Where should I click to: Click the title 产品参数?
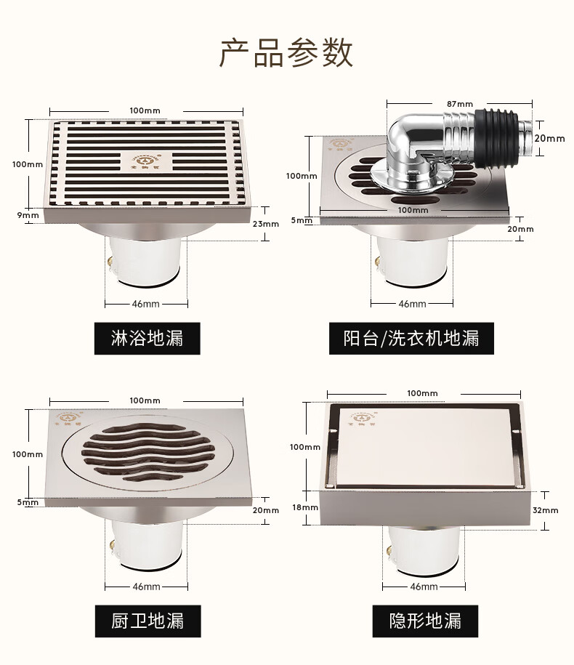click(286, 53)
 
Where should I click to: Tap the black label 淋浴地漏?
click(147, 338)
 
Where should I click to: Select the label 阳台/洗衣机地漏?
click(411, 338)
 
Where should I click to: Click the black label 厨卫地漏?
click(147, 621)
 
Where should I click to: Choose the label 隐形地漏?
click(425, 621)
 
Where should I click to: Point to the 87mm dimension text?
click(460, 103)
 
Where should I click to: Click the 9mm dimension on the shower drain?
click(29, 215)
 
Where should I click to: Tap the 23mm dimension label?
click(265, 224)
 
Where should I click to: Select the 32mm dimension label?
click(545, 510)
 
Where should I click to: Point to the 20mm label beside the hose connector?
click(550, 138)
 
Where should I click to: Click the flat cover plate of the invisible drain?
click(425, 447)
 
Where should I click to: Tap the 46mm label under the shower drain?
click(146, 303)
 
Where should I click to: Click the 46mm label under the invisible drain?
click(424, 586)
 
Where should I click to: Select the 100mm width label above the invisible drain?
click(422, 393)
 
